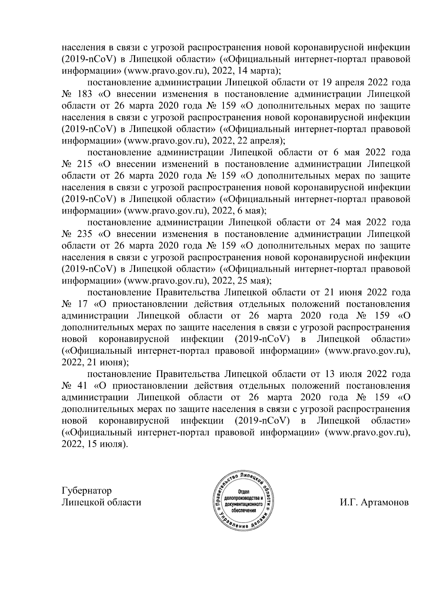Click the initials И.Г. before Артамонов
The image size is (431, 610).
[348, 503]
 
